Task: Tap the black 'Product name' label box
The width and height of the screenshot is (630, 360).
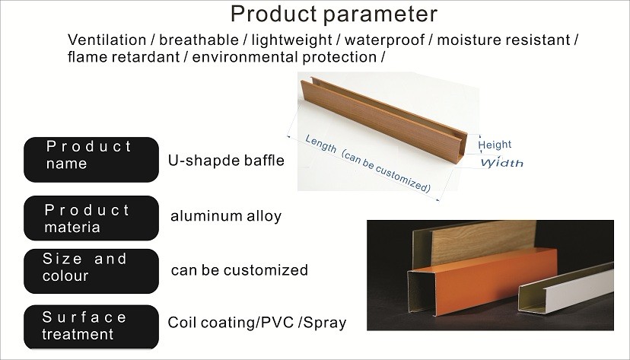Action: [x=91, y=160]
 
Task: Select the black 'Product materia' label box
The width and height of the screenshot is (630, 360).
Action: [x=91, y=218]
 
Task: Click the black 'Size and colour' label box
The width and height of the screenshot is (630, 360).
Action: [x=91, y=271]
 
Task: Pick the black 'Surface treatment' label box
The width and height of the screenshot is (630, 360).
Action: [x=91, y=327]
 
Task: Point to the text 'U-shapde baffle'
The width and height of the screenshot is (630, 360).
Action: [x=226, y=161]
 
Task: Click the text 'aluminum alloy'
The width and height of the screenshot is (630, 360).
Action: [x=226, y=216]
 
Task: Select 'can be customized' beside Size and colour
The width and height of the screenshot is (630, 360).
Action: [x=240, y=270]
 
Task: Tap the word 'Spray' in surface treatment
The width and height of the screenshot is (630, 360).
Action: [x=325, y=323]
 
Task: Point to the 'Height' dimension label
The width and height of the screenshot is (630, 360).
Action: [x=495, y=145]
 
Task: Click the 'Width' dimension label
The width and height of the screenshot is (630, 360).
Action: [x=502, y=163]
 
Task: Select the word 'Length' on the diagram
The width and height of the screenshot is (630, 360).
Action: [x=320, y=143]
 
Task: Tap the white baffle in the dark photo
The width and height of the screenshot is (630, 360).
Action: [x=566, y=288]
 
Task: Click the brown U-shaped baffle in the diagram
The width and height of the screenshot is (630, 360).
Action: [x=384, y=119]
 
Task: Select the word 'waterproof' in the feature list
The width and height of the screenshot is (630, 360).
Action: [x=384, y=40]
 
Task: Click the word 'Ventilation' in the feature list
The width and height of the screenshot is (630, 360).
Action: [x=107, y=40]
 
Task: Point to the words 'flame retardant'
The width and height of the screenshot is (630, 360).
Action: [x=123, y=57]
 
